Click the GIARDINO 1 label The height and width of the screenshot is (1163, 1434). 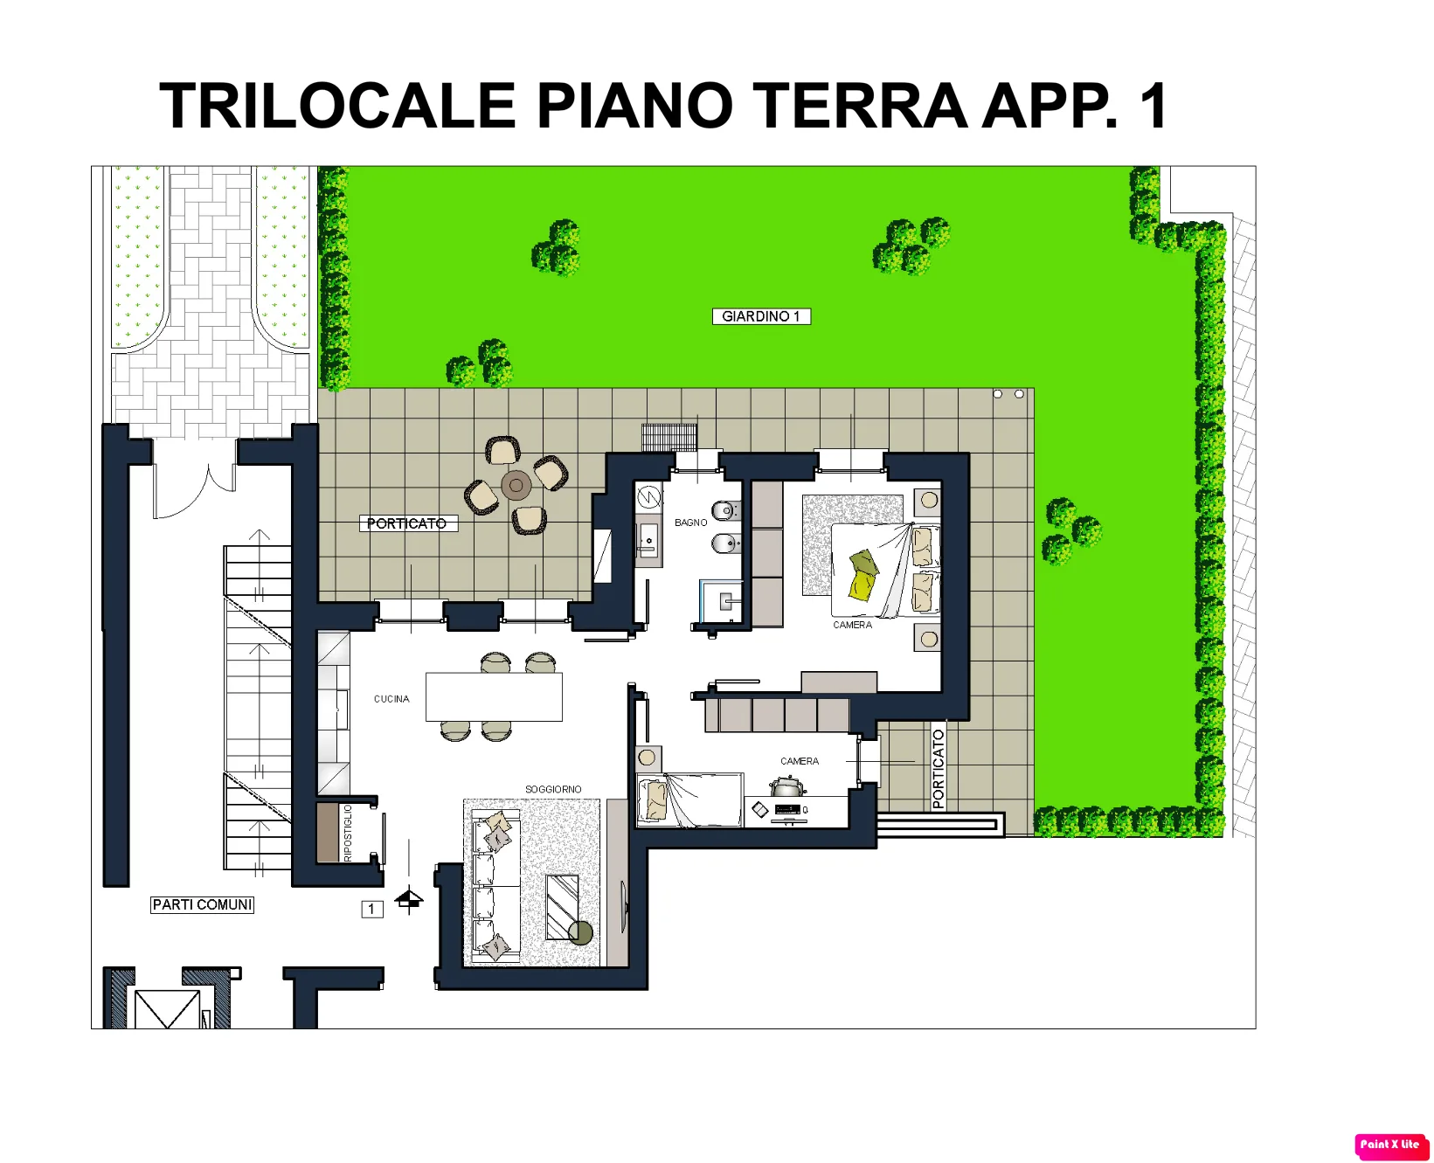click(761, 316)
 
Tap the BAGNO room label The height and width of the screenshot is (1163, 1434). click(690, 523)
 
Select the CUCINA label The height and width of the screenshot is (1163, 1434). click(391, 699)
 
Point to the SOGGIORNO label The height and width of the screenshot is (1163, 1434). click(553, 789)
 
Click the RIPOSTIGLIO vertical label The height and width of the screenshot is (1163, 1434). click(348, 833)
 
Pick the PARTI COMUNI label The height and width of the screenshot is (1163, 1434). click(203, 905)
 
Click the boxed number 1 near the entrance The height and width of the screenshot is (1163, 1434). click(371, 910)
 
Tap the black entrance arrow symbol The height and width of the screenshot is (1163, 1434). click(409, 899)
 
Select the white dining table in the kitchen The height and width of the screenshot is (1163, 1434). click(494, 696)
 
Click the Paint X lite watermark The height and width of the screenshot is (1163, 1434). click(1389, 1145)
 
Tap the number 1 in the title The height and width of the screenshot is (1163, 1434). click(1154, 106)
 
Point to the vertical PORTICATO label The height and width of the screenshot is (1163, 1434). click(939, 769)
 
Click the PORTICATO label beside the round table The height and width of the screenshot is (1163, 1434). click(407, 523)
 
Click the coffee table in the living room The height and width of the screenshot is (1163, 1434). click(562, 907)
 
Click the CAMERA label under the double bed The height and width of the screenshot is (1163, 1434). click(852, 625)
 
